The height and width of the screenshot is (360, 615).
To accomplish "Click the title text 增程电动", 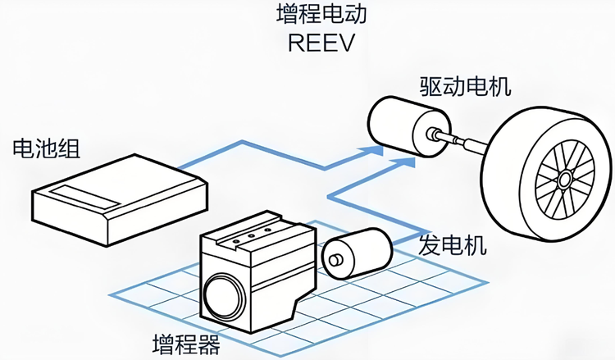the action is pos(321,14).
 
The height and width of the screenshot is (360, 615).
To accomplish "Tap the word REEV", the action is pos(321,43).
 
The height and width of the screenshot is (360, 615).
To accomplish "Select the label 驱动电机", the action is pos(465,87).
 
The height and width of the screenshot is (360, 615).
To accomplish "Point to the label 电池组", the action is pos(46,148).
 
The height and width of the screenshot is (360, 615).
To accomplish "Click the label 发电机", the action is pos(452,245).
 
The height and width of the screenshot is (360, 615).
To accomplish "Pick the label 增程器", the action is pos(186,344).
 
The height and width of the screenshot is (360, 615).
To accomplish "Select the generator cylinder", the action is pos(357,253).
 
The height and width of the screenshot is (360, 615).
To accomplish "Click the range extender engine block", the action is pos(257,271).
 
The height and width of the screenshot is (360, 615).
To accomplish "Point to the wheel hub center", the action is pos(564,180).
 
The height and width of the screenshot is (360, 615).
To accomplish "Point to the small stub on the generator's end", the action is pos(335,260).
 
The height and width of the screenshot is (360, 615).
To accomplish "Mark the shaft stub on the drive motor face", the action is pos(432,134).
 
